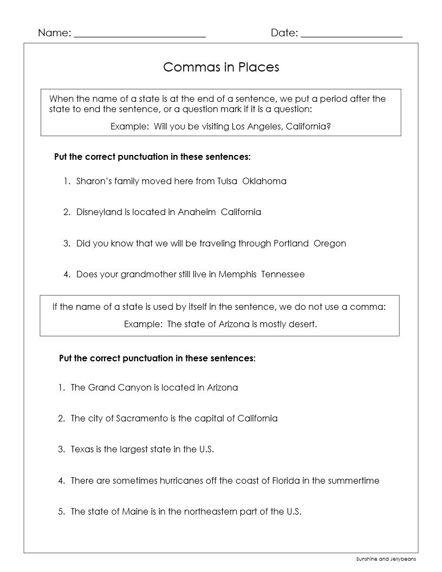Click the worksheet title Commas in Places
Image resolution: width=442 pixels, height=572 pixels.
221,67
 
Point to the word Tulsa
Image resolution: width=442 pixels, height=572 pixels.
227,181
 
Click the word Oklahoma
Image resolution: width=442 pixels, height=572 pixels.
264,181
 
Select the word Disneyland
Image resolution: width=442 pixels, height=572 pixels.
99,212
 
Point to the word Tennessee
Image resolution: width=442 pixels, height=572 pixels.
283,274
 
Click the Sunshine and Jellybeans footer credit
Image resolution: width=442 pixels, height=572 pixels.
386,558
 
